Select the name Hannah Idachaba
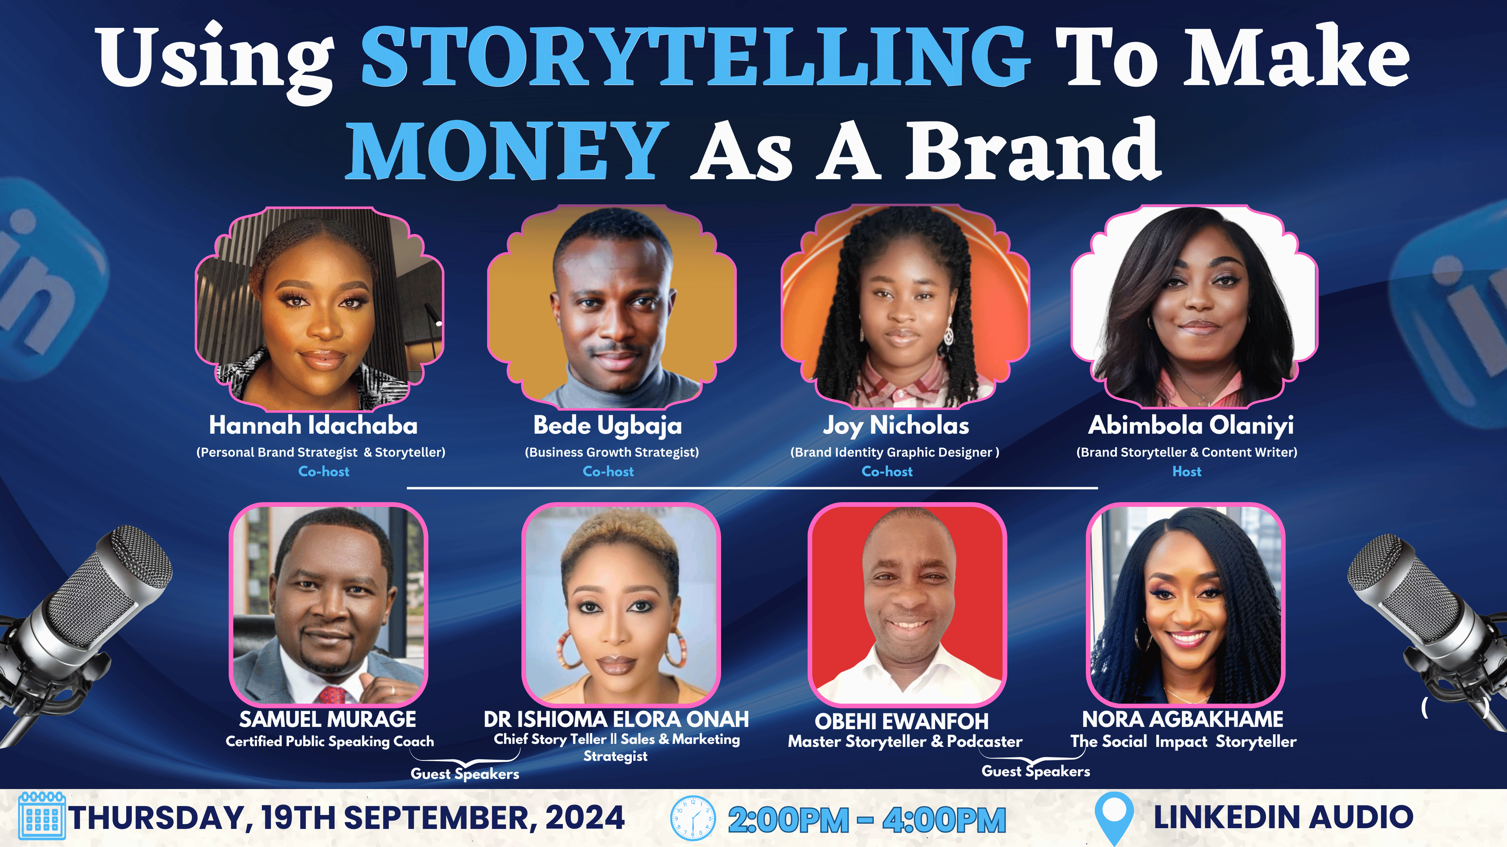pos(313,425)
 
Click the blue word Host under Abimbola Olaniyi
pos(1187,471)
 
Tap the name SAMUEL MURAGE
pos(328,719)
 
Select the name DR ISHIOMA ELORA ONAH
pos(616,719)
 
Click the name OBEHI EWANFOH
pos(902,721)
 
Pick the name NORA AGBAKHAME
pos(1183,719)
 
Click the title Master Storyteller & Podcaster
pos(905,741)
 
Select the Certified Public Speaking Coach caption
pos(330,741)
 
